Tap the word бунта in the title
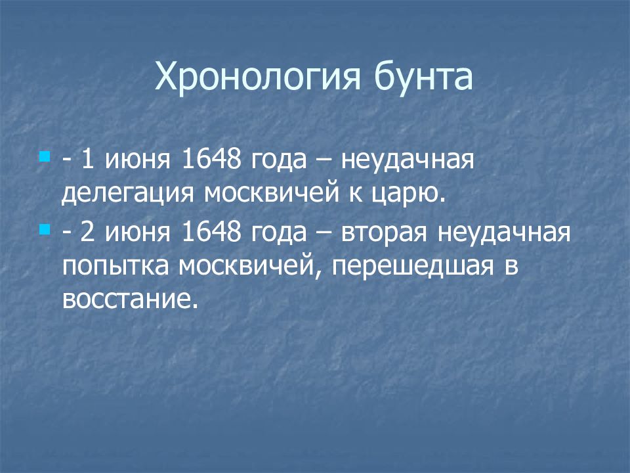coord(423,76)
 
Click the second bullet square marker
coord(45,230)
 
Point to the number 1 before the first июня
coord(87,160)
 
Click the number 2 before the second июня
coord(87,233)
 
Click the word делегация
coord(128,194)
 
